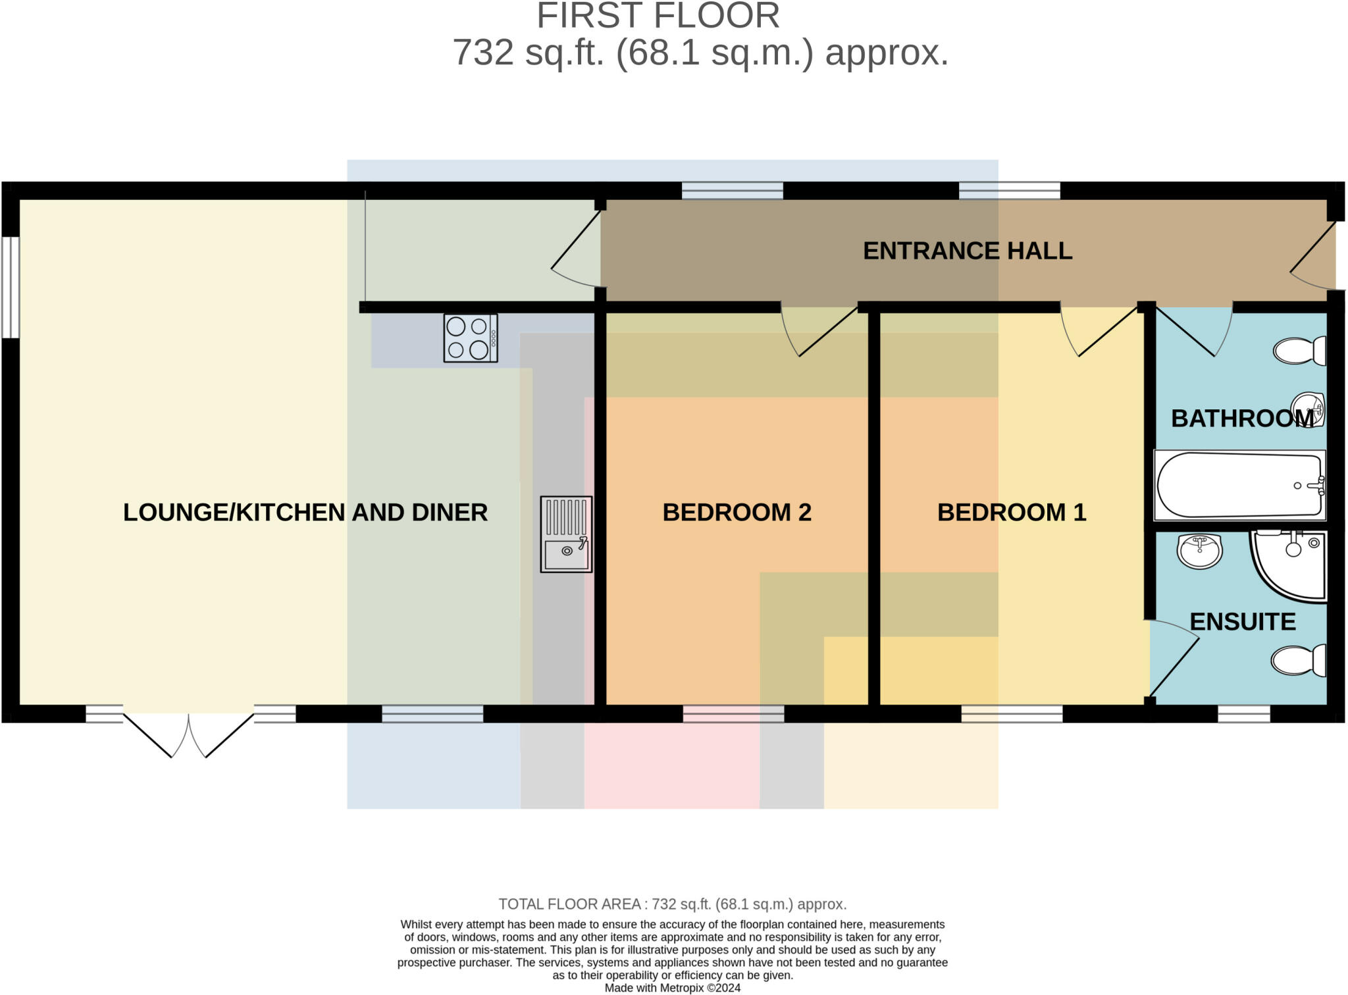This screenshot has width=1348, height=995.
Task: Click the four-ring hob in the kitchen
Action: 470,338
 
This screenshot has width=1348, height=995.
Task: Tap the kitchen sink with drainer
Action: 566,534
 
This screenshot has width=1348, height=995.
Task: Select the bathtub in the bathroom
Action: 1239,485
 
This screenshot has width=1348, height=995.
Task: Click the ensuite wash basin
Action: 1199,550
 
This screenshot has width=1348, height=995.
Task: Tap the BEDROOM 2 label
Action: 737,512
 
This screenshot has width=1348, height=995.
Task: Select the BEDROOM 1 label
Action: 1011,512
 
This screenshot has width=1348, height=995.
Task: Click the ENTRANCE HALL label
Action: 967,251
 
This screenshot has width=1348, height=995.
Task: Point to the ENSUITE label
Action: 1242,621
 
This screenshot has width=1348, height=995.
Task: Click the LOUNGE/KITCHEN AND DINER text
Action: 305,512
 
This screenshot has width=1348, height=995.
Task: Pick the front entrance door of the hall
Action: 1312,257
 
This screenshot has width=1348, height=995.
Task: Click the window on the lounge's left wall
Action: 11,287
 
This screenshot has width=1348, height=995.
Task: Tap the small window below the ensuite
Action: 1243,713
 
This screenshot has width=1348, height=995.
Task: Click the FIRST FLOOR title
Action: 658,16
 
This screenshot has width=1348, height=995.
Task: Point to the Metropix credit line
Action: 672,988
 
